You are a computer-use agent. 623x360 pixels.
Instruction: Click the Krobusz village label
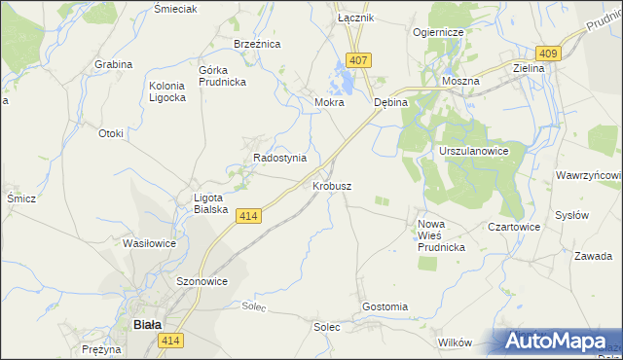coord(332,185)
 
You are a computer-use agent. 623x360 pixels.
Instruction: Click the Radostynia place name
coord(279,158)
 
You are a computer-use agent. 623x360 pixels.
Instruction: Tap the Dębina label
coord(389,102)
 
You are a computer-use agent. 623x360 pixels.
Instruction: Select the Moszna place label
coord(460,82)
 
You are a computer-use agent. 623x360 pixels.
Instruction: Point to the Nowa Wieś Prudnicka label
coord(441,235)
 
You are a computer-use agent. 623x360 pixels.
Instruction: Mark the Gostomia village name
coord(385,306)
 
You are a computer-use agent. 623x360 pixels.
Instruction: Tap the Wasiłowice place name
coord(149,243)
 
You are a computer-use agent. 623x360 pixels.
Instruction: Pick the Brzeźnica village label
coord(257,45)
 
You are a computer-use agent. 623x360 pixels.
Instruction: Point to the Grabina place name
coord(113,64)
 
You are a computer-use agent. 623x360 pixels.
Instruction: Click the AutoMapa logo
coord(560,342)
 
